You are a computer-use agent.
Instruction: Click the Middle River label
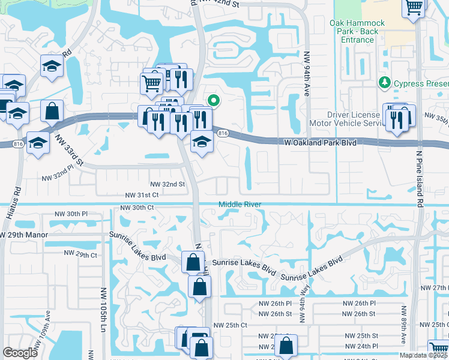click(240, 205)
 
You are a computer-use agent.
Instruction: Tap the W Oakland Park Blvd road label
click(324, 142)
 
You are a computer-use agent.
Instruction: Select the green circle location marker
click(212, 100)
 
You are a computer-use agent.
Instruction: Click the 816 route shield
click(223, 133)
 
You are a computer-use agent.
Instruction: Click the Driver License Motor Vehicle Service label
click(355, 119)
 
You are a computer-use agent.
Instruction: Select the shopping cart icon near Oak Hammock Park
click(413, 7)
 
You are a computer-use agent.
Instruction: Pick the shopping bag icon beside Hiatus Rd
click(52, 111)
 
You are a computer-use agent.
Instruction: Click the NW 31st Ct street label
click(142, 195)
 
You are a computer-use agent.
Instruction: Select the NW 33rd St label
click(70, 152)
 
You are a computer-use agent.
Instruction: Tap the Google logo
click(20, 353)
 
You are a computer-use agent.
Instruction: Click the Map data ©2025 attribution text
click(424, 355)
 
